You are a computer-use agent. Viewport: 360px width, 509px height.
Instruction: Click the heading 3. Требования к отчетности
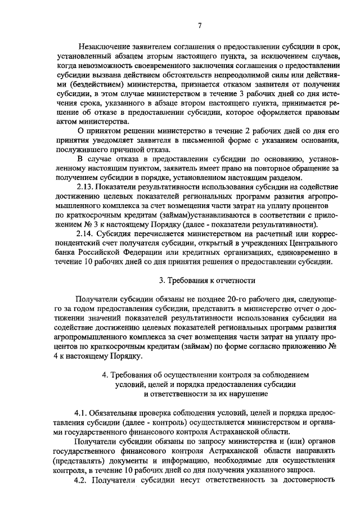(207, 280)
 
